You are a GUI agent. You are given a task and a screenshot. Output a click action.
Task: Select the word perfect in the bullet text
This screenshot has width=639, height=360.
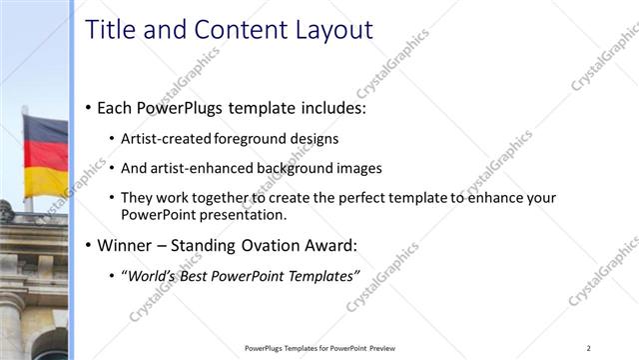[322, 198]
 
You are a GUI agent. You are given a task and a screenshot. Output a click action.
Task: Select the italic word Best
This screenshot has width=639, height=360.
[198, 274]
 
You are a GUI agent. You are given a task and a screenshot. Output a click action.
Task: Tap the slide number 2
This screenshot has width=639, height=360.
[589, 348]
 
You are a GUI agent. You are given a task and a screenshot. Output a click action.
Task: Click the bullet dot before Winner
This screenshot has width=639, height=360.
[89, 245]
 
